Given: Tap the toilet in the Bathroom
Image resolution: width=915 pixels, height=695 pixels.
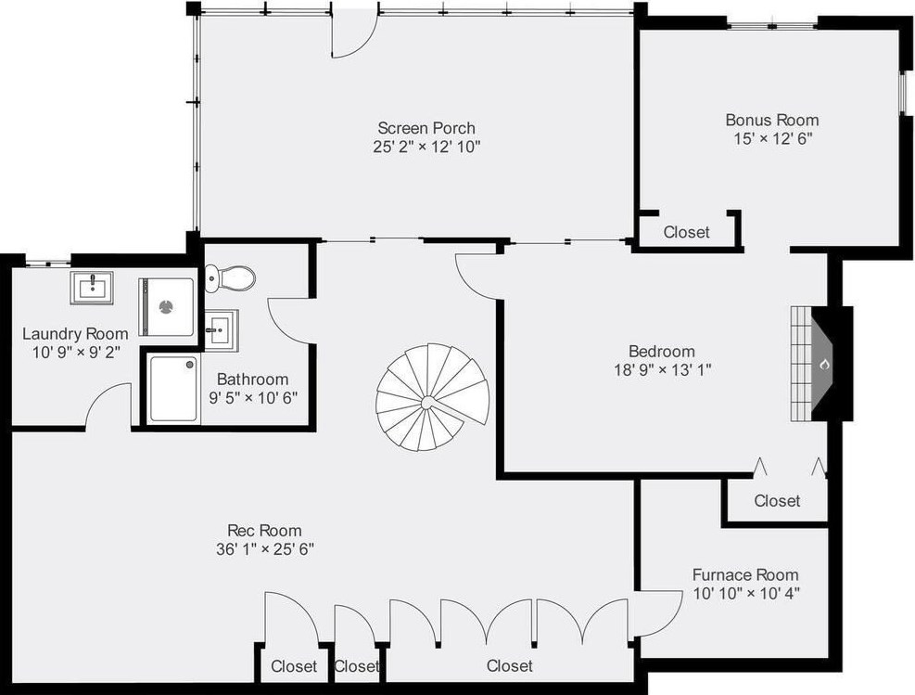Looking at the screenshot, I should pyautogui.click(x=229, y=277).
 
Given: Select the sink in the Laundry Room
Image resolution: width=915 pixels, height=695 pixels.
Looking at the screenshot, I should pyautogui.click(x=93, y=289).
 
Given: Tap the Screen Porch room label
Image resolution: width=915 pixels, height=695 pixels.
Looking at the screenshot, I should pyautogui.click(x=426, y=127).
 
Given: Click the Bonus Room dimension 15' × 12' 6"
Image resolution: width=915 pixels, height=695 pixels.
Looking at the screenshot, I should pyautogui.click(x=771, y=137).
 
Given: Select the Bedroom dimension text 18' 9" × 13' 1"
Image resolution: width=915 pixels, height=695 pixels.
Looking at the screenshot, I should pyautogui.click(x=661, y=368).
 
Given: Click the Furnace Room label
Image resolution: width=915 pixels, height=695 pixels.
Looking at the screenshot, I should pyautogui.click(x=744, y=574).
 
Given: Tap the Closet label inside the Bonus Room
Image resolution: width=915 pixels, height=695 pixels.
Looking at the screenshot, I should pyautogui.click(x=686, y=232).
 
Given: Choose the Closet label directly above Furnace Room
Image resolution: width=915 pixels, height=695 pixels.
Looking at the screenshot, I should pyautogui.click(x=776, y=501).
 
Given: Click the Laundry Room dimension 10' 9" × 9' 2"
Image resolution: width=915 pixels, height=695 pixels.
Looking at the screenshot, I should pyautogui.click(x=74, y=352).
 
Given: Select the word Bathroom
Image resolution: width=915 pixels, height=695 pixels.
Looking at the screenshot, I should pyautogui.click(x=252, y=380).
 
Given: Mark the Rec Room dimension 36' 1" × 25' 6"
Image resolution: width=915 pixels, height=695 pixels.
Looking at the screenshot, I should pyautogui.click(x=264, y=548).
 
